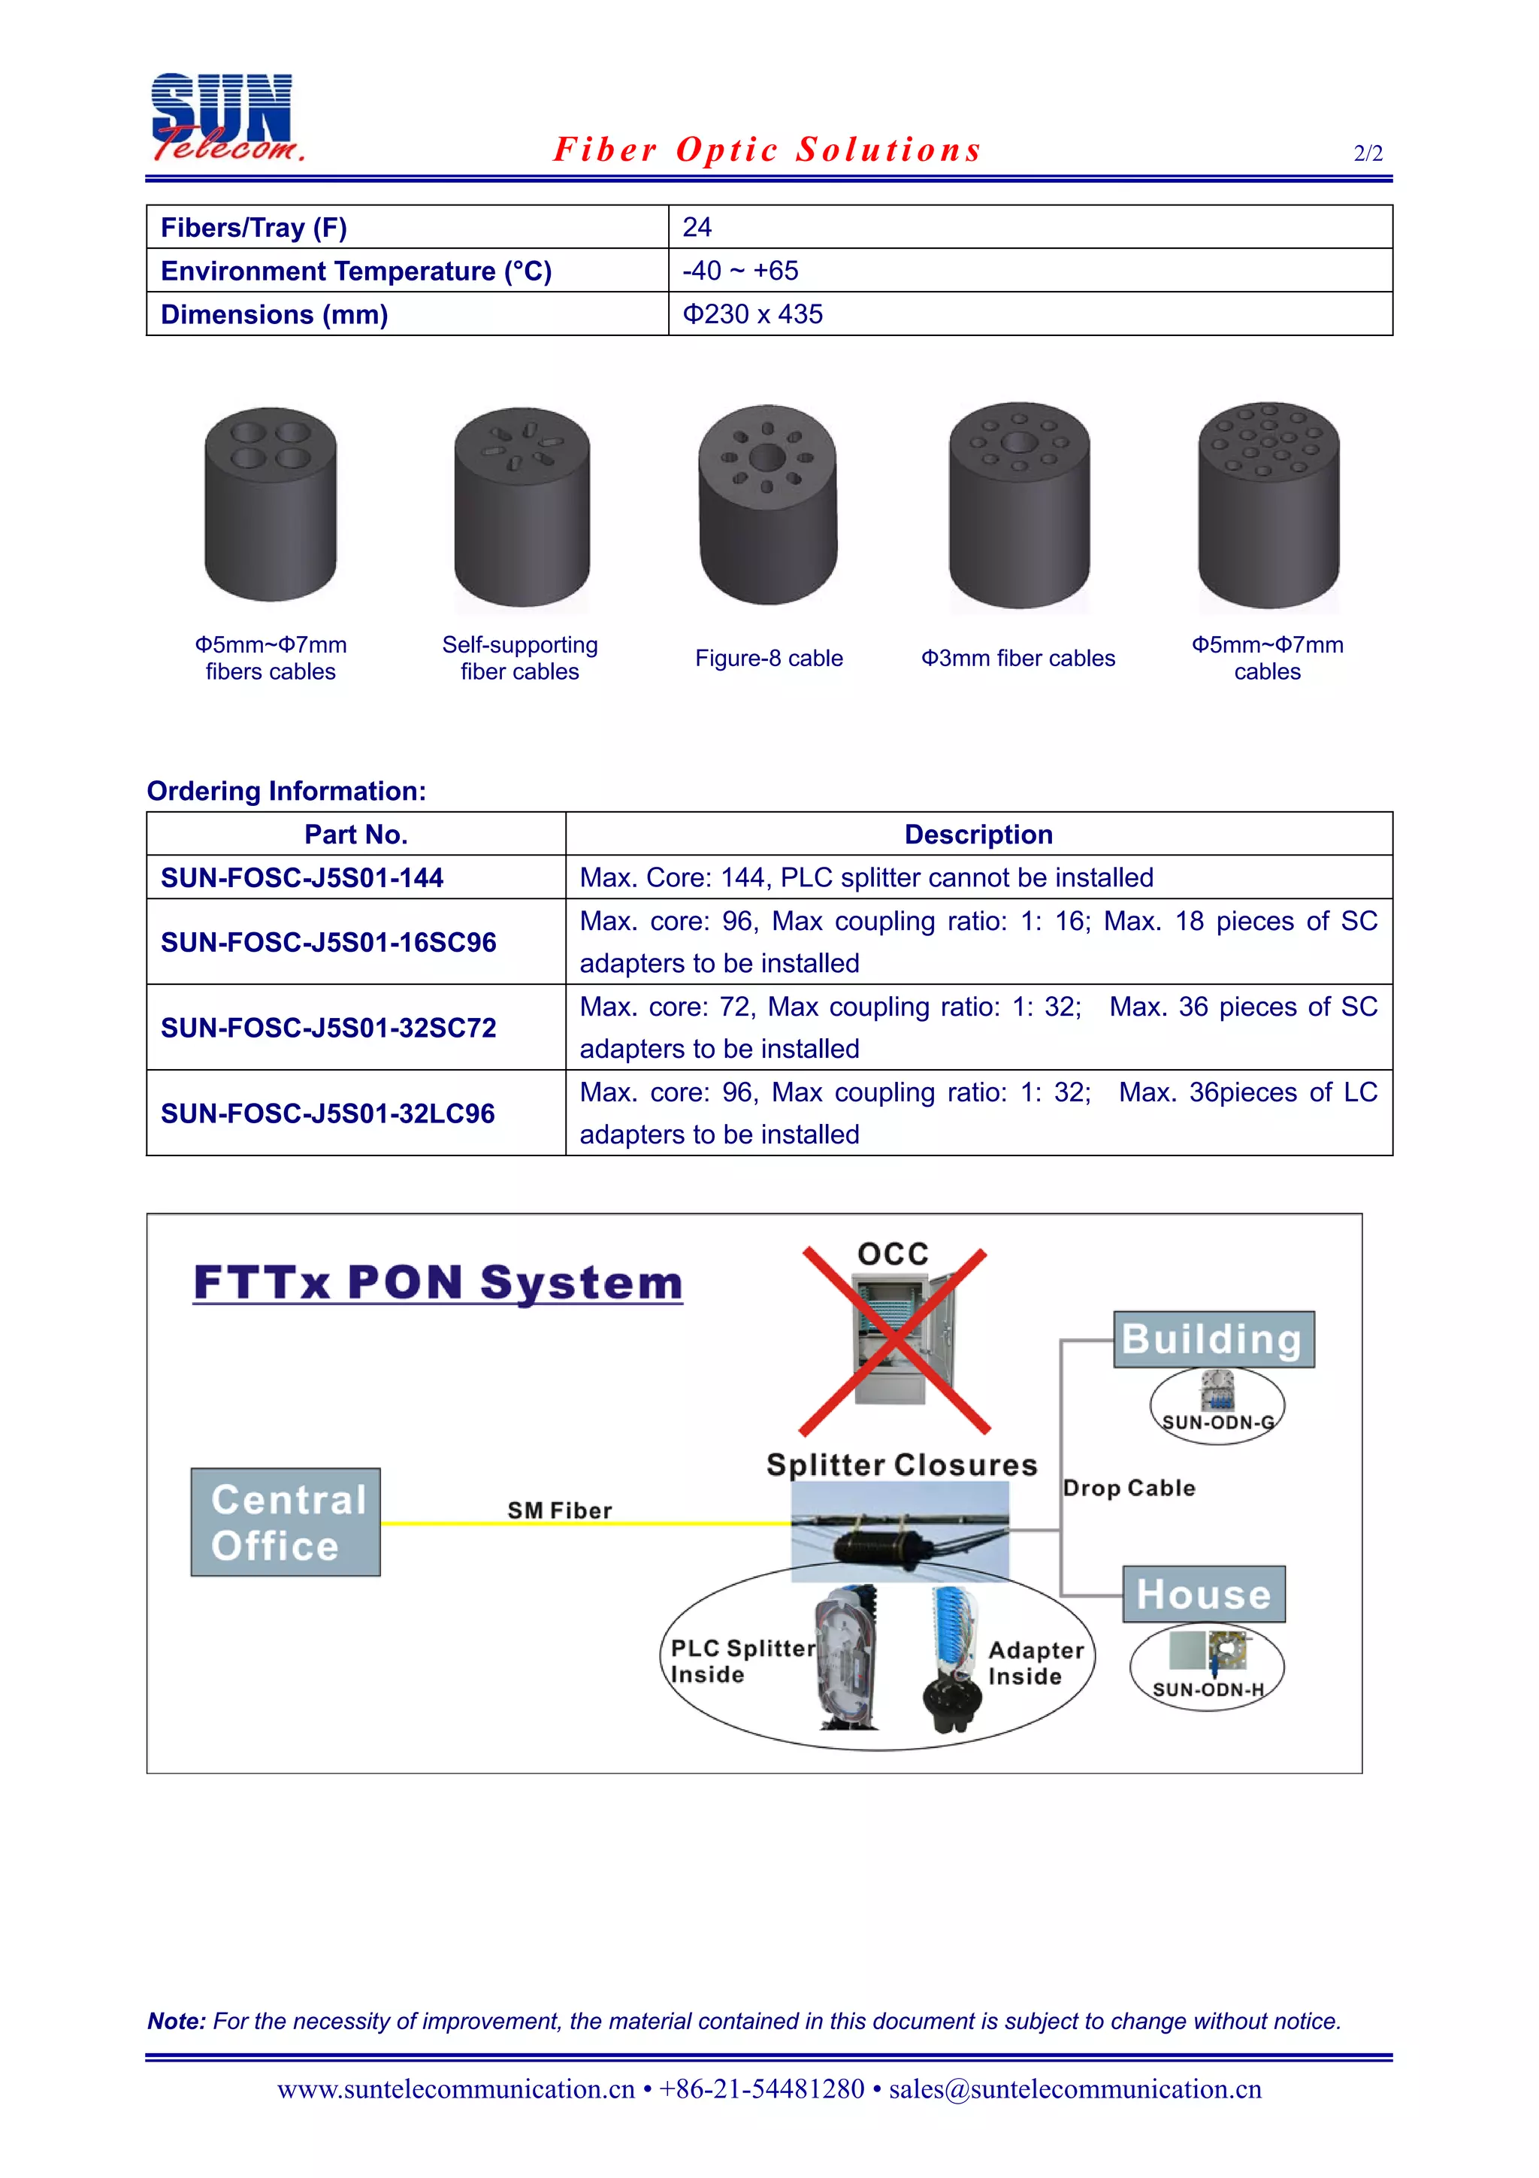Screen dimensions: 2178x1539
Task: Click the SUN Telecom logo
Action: tap(225, 117)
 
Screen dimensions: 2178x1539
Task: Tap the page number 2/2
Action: tap(1368, 153)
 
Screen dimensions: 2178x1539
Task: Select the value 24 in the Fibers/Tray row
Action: tap(697, 228)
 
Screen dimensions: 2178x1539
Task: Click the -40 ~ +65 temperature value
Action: tap(741, 271)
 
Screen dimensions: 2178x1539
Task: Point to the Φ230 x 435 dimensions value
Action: tap(753, 315)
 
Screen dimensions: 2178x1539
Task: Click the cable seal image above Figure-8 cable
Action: tap(768, 504)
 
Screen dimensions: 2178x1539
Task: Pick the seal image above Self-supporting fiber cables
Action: tap(522, 507)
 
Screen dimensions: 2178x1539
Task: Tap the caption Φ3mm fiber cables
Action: tap(1018, 659)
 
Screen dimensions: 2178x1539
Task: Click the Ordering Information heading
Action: tap(286, 791)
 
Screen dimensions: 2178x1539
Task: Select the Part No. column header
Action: tap(355, 835)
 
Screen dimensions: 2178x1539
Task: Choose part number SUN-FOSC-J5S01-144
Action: tap(301, 878)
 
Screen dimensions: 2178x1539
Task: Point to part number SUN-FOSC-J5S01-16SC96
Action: tap(328, 943)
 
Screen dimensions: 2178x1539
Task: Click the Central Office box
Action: tap(286, 1522)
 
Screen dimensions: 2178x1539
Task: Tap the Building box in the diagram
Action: tap(1213, 1340)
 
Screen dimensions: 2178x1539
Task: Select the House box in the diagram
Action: tap(1203, 1595)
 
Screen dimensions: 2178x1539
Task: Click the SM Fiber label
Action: tap(559, 1510)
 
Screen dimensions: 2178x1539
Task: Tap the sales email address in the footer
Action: tap(1075, 2089)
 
